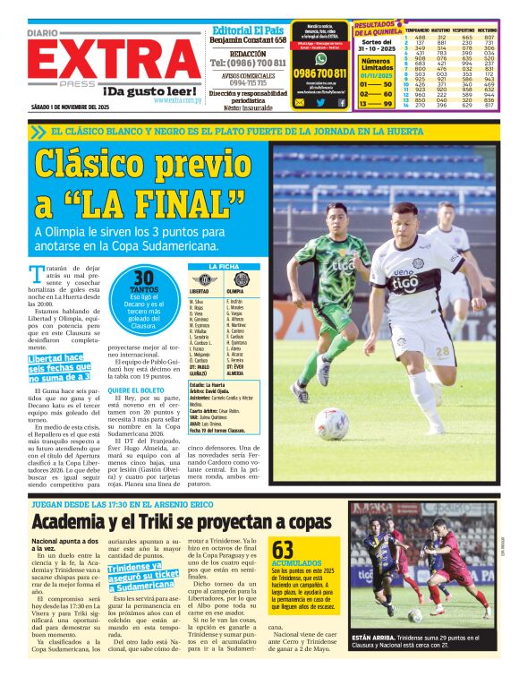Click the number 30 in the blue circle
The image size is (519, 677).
[144, 279]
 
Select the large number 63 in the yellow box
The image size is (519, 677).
[283, 549]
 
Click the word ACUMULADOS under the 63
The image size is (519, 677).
[294, 564]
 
